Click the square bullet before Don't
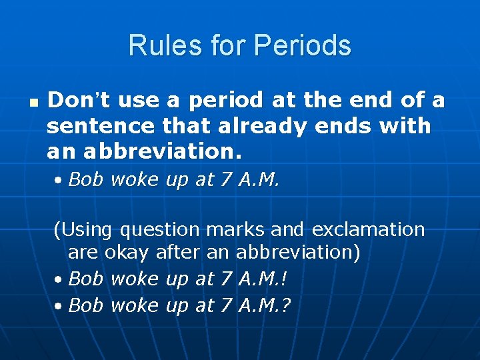(33, 104)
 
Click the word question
(160, 231)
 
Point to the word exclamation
(366, 230)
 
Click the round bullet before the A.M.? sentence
(59, 307)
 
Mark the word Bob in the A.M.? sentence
(86, 305)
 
